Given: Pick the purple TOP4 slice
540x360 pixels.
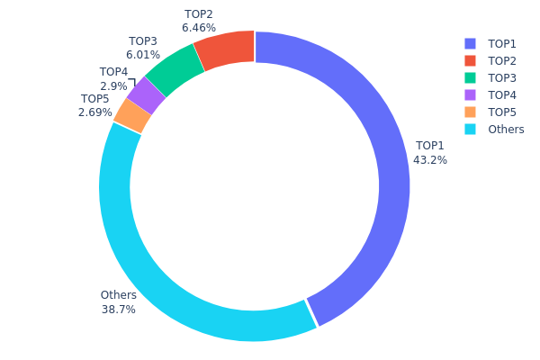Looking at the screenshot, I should coord(146,95).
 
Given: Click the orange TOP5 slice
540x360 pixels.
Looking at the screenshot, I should coord(132,115).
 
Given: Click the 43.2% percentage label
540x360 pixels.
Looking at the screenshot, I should coord(430,160).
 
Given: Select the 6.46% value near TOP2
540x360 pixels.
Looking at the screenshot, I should coord(198,29).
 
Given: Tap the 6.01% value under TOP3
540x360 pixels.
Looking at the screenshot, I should coord(143,55).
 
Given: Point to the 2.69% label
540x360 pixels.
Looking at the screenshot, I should coord(95,112).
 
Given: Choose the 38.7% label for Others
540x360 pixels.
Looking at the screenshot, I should coord(119,310).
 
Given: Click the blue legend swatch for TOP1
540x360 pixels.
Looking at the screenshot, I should coord(469,43).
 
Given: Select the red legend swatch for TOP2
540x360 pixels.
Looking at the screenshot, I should coord(469,60).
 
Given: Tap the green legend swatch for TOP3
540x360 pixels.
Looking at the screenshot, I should coord(469,77).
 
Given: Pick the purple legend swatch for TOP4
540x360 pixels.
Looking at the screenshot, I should coord(469,94).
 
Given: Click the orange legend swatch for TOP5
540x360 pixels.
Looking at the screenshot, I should coord(469,112).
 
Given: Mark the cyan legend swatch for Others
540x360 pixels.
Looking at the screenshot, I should coord(469,129).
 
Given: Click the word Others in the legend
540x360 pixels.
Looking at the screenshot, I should coord(506,129).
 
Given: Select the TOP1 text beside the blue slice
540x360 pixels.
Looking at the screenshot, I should coord(430,146).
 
